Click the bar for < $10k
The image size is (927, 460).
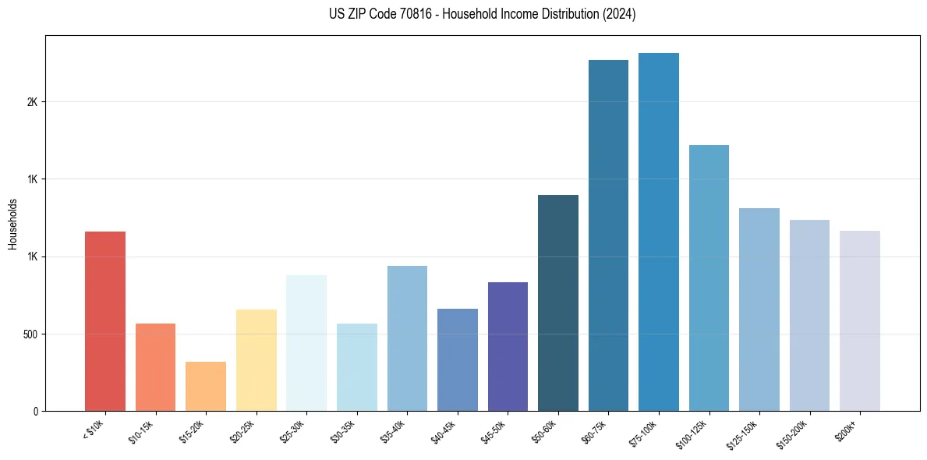104,321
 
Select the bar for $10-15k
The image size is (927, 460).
155,367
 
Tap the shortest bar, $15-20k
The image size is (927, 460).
206,386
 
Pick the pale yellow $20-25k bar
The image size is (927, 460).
256,360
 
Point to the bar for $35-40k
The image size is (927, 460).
407,338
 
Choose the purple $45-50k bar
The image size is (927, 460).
508,346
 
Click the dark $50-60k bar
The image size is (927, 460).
558,303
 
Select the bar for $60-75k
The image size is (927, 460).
608,235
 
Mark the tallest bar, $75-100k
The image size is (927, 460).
659,232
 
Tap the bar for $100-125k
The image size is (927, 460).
709,278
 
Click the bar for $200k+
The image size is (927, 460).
860,320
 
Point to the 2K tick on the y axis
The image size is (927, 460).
32,102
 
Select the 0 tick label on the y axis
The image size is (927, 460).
35,412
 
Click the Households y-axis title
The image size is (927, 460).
12,224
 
